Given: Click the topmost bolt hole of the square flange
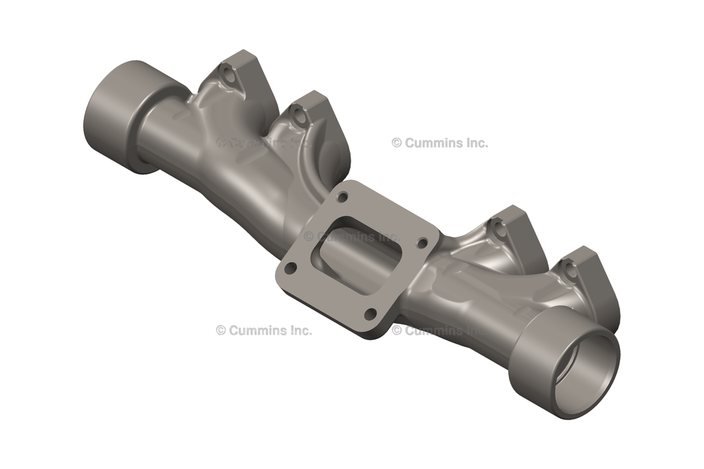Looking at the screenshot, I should (x=342, y=198).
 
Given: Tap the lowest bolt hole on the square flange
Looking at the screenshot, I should (x=371, y=314).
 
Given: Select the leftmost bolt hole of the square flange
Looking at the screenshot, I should (x=291, y=268).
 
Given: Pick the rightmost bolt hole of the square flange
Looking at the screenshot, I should (x=423, y=243).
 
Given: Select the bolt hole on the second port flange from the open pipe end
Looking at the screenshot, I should (x=500, y=230).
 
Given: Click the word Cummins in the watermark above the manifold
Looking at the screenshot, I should (x=436, y=143).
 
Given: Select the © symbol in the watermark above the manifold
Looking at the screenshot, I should (x=397, y=143).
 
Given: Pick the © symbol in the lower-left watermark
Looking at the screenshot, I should (x=221, y=330).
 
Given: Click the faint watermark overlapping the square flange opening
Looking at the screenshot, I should (x=351, y=237).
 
